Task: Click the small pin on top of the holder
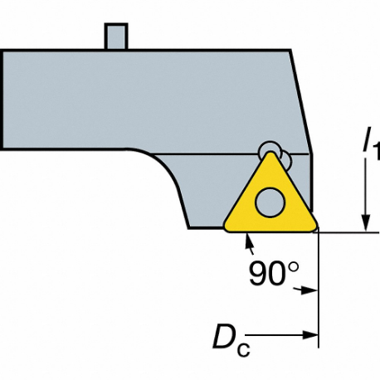(115, 37)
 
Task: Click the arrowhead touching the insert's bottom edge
(247, 241)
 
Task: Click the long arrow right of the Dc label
(286, 335)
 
